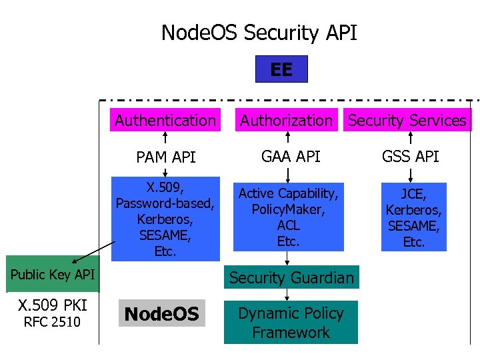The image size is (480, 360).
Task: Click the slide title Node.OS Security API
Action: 259,32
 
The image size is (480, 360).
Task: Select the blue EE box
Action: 281,69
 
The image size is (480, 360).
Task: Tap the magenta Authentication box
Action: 165,121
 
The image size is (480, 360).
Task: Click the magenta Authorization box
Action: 286,121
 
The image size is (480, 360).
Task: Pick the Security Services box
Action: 407,121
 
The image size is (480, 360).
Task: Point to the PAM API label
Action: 165,157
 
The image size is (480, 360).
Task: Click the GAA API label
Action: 291,157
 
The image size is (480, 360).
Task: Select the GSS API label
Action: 411,157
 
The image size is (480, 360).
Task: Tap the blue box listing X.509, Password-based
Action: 165,218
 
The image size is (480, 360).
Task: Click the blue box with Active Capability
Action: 288,217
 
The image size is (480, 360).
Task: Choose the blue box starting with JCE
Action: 413,217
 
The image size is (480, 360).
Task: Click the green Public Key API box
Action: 53,274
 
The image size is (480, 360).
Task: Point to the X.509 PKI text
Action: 52,305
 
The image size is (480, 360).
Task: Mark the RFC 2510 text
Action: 52,323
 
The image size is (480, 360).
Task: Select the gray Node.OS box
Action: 162,314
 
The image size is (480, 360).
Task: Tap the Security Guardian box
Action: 291,277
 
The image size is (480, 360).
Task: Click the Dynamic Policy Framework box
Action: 291,323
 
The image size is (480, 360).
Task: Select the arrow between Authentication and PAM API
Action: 165,139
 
